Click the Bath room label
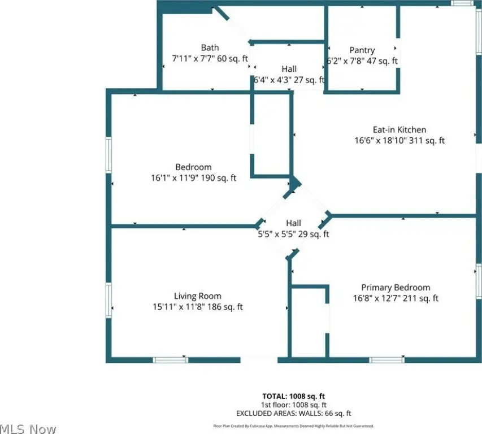click(x=210, y=47)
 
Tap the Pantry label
click(x=362, y=50)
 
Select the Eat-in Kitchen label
click(x=399, y=129)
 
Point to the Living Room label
click(x=197, y=296)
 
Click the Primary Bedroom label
click(x=396, y=288)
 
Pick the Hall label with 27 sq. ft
click(x=289, y=69)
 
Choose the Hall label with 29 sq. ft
click(x=293, y=223)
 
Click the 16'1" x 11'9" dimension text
click(x=193, y=178)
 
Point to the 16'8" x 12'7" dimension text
click(x=396, y=298)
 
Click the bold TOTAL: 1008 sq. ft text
click(x=293, y=396)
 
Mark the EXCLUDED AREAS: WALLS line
click(x=294, y=413)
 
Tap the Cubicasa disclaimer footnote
click(x=293, y=426)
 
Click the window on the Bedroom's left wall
click(x=109, y=155)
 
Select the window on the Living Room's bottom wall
click(x=171, y=359)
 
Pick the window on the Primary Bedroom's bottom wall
click(x=387, y=359)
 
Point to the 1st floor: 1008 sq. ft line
click(x=293, y=405)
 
